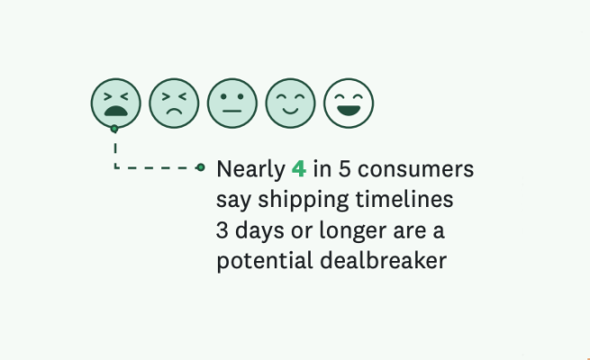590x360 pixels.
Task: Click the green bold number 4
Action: pyautogui.click(x=299, y=169)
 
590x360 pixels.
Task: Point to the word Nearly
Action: pyautogui.click(x=249, y=169)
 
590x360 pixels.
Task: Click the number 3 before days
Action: pyautogui.click(x=223, y=231)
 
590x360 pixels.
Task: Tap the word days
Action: pyautogui.click(x=258, y=231)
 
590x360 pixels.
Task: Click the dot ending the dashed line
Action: pyautogui.click(x=201, y=167)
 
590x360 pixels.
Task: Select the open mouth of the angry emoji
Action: pyautogui.click(x=115, y=112)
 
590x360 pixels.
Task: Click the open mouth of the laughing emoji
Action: pyautogui.click(x=349, y=112)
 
